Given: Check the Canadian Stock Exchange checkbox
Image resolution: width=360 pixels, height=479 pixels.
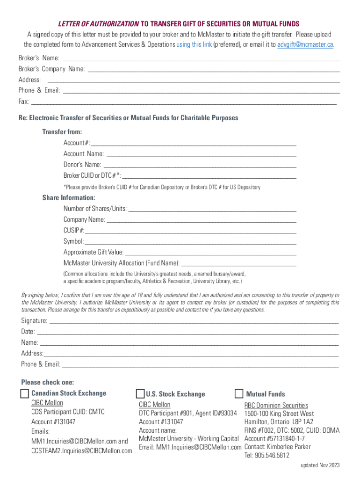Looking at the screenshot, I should tap(25, 393).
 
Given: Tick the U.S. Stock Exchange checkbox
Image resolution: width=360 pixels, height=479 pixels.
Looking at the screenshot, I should tap(140, 393).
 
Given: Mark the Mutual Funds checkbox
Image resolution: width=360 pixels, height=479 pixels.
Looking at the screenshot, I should tap(239, 393).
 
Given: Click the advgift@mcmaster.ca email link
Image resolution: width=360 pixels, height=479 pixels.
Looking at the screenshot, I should tap(306, 44).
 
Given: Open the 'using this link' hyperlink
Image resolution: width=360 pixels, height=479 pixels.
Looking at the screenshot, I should tap(194, 44).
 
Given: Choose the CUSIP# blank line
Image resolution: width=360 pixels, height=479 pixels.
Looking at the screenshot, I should tap(191, 231).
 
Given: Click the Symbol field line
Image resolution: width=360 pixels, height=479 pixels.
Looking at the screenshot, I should tap(190, 242).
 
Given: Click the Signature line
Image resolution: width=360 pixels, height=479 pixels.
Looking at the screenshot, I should tap(194, 322).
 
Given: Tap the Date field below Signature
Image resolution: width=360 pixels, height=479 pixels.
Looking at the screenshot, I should tap(187, 333).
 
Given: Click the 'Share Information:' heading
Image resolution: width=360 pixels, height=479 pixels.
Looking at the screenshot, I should tap(69, 197).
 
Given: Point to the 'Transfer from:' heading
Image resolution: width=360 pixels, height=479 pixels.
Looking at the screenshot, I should tap(62, 132).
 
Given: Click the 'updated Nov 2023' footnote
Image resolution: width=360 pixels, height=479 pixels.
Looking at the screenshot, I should tap(320, 465).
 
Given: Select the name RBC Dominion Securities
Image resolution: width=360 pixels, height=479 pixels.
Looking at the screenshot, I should tap(276, 405).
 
